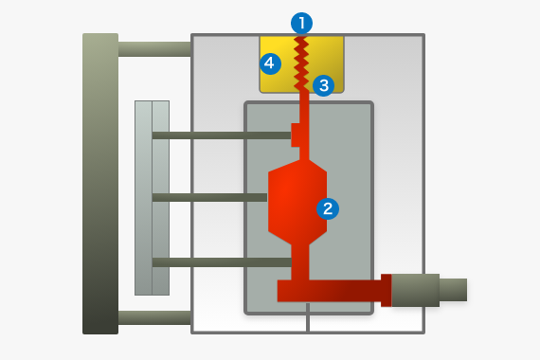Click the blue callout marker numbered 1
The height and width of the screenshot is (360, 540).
tap(301, 21)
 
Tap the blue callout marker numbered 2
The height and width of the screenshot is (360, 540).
tap(328, 208)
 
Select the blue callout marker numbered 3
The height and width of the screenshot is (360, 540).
tap(323, 85)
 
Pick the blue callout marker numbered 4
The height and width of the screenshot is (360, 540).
tap(270, 63)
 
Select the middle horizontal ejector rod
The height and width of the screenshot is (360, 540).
tap(208, 197)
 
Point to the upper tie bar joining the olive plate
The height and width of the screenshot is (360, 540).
tap(154, 48)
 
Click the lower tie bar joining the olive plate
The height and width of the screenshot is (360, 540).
tap(154, 317)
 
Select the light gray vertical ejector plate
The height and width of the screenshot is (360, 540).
tap(152, 197)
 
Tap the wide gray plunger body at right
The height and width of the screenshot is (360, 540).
tap(415, 290)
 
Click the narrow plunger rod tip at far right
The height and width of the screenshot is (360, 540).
tap(453, 290)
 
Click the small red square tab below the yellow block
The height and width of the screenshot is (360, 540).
tap(297, 135)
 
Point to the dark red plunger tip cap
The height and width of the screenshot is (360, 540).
tap(386, 290)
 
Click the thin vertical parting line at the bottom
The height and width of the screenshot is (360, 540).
tap(308, 323)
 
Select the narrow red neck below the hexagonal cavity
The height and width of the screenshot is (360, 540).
tap(300, 261)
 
